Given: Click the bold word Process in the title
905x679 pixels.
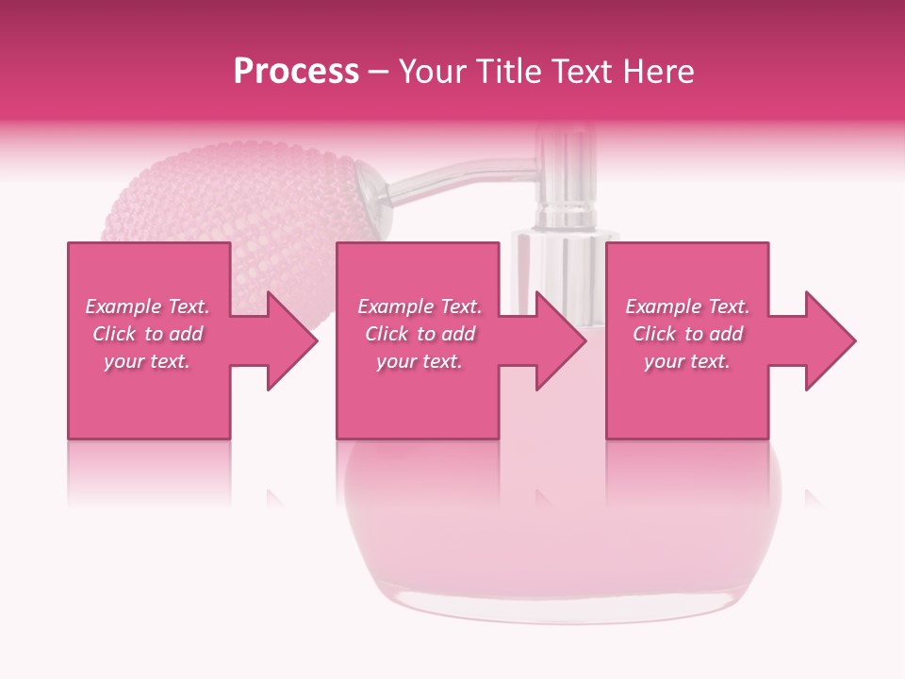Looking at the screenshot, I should pyautogui.click(x=296, y=72).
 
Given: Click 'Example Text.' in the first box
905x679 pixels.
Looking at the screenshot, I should pyautogui.click(x=147, y=306).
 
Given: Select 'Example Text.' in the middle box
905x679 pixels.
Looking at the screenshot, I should pyautogui.click(x=420, y=306).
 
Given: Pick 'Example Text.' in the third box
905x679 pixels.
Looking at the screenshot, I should pyautogui.click(x=687, y=306).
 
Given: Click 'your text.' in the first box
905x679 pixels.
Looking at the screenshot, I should pyautogui.click(x=147, y=361).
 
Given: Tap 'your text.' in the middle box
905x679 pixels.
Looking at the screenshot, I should pyautogui.click(x=420, y=361).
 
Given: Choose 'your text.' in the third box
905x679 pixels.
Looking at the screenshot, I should pyautogui.click(x=687, y=361).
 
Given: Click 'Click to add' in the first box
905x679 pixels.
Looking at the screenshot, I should pyautogui.click(x=147, y=334).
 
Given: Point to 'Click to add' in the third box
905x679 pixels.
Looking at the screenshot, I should pyautogui.click(x=687, y=334).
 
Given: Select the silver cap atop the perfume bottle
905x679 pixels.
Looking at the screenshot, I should pyautogui.click(x=566, y=179).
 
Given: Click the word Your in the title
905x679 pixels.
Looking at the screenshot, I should pyautogui.click(x=428, y=72).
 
